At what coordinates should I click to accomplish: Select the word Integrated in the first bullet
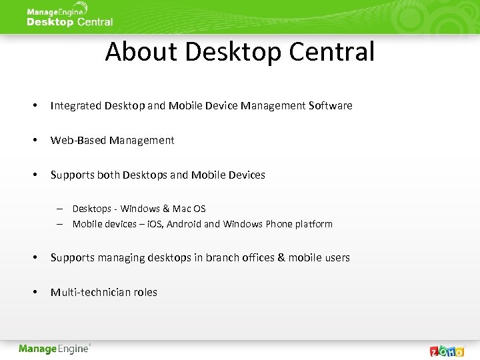point(76,105)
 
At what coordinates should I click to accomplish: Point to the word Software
point(331,105)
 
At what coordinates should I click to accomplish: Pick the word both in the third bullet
point(108,175)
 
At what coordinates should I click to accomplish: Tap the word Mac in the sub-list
point(181,209)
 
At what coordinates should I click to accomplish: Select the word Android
point(184,224)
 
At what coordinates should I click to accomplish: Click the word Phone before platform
point(279,224)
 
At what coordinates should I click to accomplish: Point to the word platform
point(313,224)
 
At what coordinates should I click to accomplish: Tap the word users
point(336,257)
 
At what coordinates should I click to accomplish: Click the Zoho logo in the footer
point(447,351)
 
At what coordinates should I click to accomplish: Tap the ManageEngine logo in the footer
point(54,349)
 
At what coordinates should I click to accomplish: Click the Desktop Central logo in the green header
point(69,17)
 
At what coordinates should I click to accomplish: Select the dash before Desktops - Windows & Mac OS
point(59,209)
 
